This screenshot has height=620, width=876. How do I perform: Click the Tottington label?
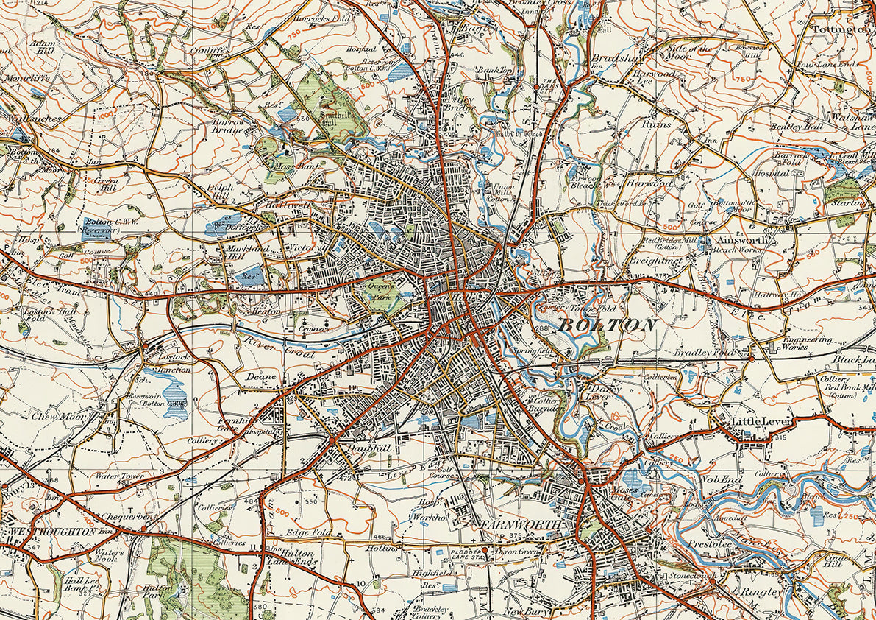point(841,29)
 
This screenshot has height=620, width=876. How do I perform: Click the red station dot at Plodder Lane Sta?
point(485,550)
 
